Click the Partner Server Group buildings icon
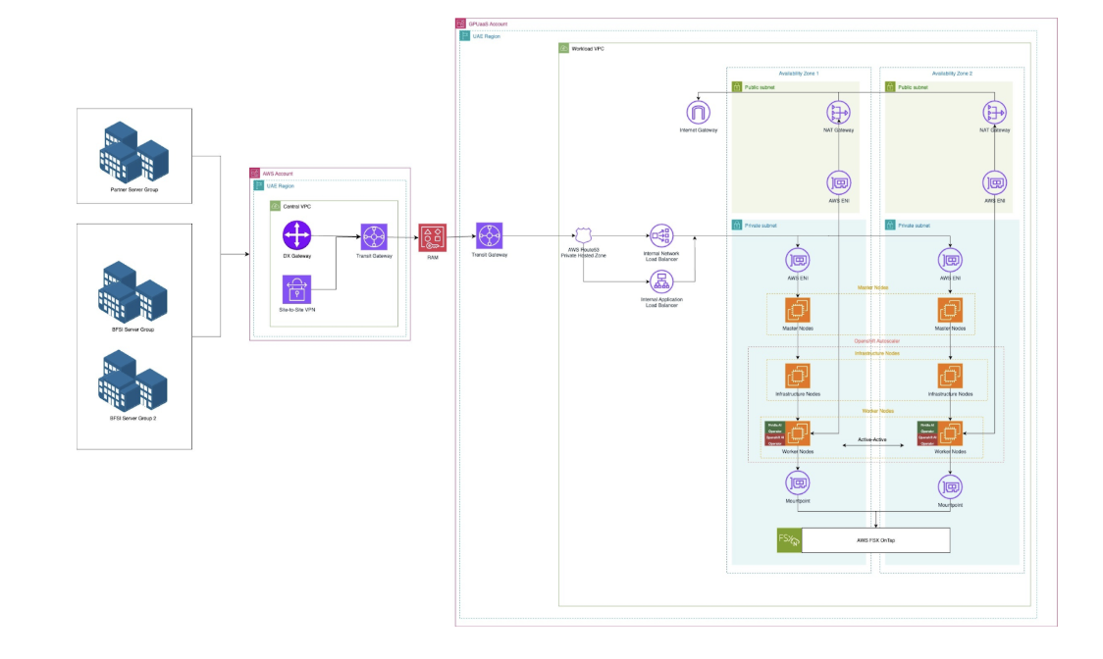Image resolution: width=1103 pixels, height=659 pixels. (x=133, y=149)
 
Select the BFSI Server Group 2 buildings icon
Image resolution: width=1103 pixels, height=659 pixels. (x=133, y=383)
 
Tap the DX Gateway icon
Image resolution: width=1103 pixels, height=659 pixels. (x=296, y=236)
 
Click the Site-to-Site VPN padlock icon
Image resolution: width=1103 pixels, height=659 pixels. (x=296, y=289)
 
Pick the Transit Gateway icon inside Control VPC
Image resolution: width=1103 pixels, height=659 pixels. (x=374, y=236)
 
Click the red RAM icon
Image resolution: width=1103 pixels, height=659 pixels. (x=432, y=237)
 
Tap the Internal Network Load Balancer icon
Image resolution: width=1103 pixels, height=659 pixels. (x=660, y=236)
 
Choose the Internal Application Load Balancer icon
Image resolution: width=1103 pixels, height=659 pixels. (x=660, y=281)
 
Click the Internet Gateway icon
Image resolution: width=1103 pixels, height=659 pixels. (x=698, y=113)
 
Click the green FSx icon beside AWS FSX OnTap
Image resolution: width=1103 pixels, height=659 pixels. (x=789, y=540)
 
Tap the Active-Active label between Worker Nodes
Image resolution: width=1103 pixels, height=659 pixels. (x=871, y=438)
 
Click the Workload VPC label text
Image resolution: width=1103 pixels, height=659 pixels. (x=587, y=48)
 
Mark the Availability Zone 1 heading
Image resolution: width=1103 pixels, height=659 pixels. (x=798, y=74)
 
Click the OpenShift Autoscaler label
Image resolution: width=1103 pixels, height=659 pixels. (x=876, y=340)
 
